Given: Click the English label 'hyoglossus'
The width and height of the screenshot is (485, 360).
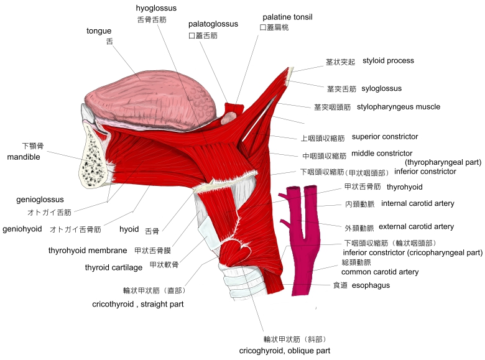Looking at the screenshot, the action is tap(156, 8).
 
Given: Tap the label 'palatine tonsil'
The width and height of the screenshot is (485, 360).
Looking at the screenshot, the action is tap(287, 17).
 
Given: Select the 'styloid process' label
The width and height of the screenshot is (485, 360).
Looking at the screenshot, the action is tap(388, 60).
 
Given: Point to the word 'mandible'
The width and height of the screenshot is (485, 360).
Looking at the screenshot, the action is tap(24, 157).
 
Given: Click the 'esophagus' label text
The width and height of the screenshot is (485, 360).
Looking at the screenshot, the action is tap(371, 285).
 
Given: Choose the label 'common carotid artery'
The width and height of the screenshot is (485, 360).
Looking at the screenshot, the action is tap(380, 272).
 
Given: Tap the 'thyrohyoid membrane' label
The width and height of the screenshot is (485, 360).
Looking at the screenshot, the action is tap(88, 250).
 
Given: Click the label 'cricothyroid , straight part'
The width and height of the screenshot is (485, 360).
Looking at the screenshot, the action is tap(137, 304).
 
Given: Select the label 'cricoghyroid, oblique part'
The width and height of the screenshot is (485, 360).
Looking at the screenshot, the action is tap(285, 351).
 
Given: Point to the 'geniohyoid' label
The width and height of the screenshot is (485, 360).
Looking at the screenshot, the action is tap(22, 229).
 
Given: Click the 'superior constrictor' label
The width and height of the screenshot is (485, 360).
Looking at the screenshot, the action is tap(385, 136).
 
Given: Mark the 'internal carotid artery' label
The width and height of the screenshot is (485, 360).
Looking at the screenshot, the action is tap(418, 203).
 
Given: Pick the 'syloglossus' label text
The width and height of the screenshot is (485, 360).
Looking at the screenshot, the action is tap(381, 88).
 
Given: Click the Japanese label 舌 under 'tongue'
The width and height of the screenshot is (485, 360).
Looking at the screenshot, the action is tap(109, 42).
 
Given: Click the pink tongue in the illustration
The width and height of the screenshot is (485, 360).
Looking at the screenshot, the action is tap(149, 99).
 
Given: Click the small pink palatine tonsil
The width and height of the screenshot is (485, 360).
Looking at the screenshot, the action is tap(229, 118).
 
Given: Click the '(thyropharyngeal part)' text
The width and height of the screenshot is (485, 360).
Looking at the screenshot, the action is tap(443, 162).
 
